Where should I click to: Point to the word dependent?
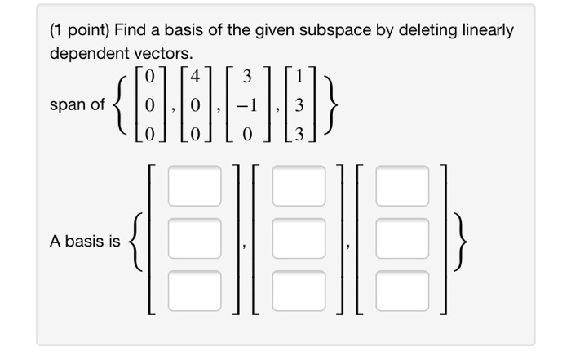coord(86,54)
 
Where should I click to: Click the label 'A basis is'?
coord(83,242)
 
